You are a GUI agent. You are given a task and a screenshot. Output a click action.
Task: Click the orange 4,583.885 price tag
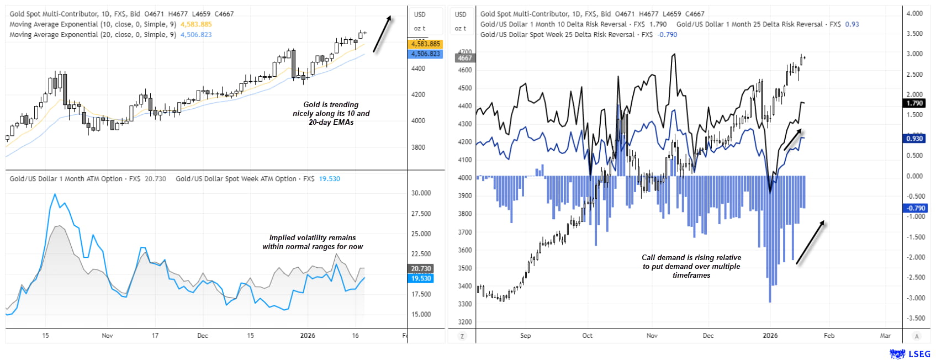pos(425,44)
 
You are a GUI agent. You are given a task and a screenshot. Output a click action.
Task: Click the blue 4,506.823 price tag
pos(425,54)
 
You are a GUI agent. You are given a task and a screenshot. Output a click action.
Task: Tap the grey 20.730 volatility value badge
pos(421,269)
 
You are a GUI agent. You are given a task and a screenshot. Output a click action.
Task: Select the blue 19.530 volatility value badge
pos(421,278)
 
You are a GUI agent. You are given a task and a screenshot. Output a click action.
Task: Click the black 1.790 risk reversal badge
pos(914,103)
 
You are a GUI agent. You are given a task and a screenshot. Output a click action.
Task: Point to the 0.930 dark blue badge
pos(914,139)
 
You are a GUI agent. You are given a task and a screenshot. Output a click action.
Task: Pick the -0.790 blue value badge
pos(914,208)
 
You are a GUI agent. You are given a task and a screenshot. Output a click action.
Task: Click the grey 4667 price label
pos(464,58)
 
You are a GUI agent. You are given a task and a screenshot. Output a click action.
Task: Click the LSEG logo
pos(909,354)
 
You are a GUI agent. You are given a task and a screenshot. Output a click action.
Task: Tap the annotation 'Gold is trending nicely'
pos(331,113)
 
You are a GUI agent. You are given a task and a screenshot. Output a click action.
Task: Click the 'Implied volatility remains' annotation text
pos(313,242)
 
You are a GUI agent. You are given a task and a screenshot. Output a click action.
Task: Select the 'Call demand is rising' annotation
pos(691,266)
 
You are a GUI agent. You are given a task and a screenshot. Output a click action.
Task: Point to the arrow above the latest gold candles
pos(382,34)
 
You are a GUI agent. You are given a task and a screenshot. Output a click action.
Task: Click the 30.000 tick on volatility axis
pos(421,193)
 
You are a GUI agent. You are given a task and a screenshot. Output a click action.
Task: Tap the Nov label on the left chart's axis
pos(107,336)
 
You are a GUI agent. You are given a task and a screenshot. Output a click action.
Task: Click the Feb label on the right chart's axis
pos(829,336)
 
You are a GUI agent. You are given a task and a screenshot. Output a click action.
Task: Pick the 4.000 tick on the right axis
pos(914,13)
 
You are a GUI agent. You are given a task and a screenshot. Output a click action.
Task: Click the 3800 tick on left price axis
pos(418,147)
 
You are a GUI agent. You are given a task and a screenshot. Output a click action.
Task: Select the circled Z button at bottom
pos(462,336)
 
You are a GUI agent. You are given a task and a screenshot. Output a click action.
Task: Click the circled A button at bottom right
pos(917,336)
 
